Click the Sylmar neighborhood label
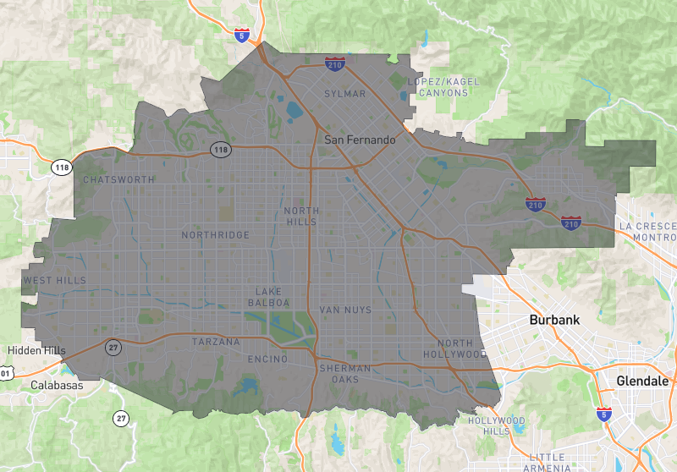(345, 94)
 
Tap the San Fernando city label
(360, 140)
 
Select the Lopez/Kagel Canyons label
(442, 87)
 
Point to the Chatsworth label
(119, 180)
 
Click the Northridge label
(216, 235)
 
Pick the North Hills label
(300, 217)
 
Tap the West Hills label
(55, 280)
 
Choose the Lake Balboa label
(269, 297)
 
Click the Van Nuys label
(345, 310)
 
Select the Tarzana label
(216, 342)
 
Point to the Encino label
(267, 359)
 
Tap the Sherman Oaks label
(344, 374)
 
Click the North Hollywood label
(462, 349)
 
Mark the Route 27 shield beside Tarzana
(113, 348)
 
